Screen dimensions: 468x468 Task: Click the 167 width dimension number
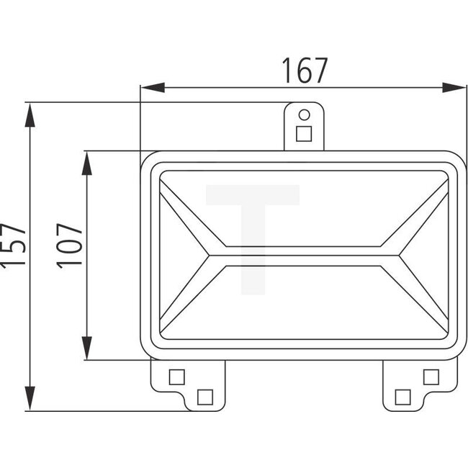304,70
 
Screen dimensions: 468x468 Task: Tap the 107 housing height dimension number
71,246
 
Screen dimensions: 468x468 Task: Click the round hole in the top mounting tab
304,114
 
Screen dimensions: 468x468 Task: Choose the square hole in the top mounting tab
304,133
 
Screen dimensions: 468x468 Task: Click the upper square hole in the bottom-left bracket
176,377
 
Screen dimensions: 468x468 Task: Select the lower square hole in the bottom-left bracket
204,395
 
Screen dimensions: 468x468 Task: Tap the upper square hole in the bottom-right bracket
431,377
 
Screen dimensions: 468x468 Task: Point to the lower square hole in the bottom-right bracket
403,395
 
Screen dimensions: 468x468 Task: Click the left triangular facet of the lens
180,255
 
